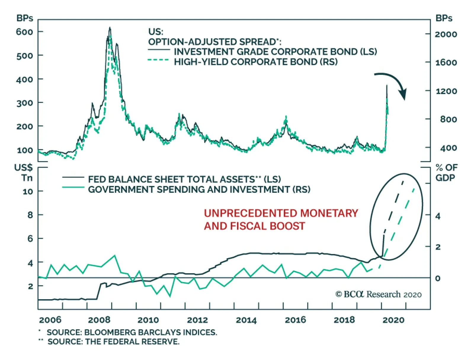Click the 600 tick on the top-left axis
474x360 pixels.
25,32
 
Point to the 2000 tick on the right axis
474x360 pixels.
446,34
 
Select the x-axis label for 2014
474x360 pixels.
246,320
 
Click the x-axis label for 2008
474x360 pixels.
99,320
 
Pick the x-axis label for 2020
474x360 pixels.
393,320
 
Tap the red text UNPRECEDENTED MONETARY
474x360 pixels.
281,213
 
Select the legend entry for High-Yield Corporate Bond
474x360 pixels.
255,62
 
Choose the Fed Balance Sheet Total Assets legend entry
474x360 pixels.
184,179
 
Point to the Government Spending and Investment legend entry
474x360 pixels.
199,189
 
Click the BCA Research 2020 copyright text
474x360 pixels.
378,294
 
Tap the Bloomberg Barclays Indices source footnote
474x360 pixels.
132,332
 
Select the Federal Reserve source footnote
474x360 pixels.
113,342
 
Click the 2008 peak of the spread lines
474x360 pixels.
110,28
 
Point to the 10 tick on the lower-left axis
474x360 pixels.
28,192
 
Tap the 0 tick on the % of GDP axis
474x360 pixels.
438,278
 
